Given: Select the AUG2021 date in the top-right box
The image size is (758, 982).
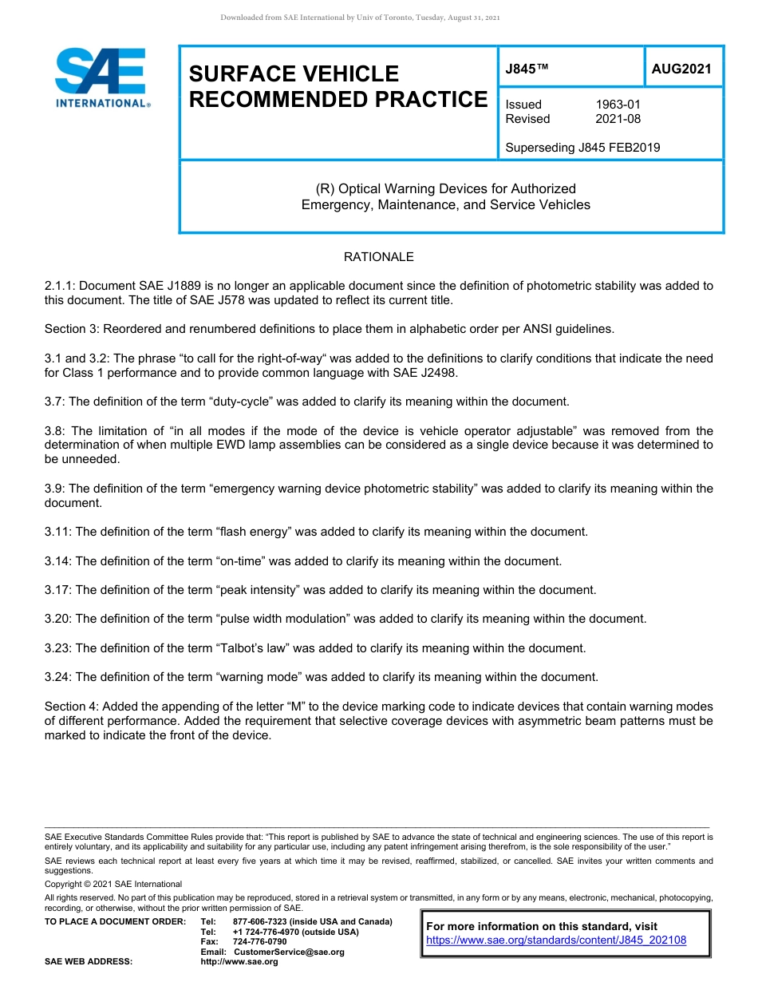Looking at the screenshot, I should (681, 69).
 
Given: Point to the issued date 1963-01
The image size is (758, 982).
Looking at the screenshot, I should (618, 105).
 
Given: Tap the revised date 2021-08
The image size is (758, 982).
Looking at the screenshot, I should (618, 119).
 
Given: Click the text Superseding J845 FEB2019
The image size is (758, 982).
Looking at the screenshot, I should (582, 148).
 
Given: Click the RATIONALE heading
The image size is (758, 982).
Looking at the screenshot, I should (378, 257).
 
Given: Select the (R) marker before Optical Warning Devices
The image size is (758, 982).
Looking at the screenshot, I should (326, 189).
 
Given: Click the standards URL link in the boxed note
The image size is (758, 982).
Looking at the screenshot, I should (556, 940).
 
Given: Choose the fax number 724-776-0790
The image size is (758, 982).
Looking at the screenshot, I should (259, 942).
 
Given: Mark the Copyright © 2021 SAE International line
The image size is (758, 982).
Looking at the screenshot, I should (113, 884).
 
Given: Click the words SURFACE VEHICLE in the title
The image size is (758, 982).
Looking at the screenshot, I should (293, 74).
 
